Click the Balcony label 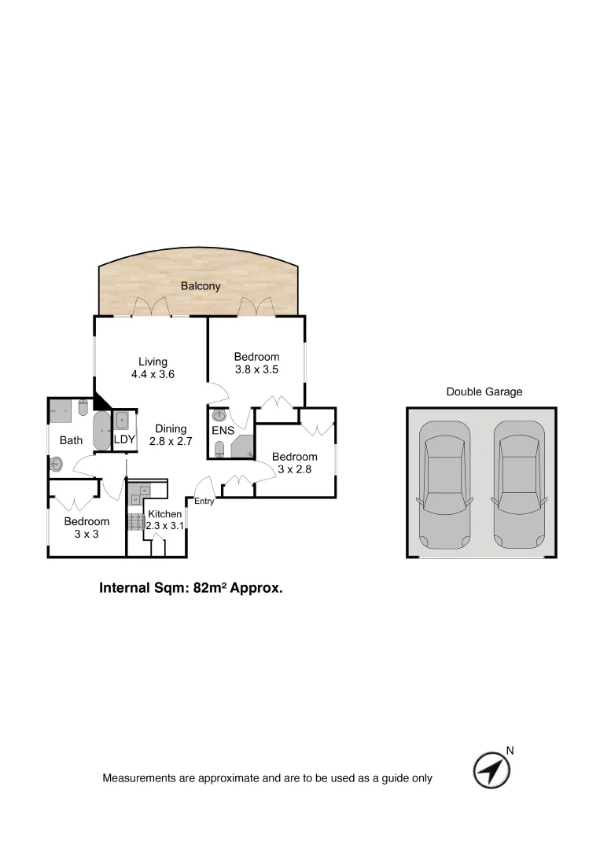(x=201, y=286)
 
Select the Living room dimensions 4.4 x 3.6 (x=153, y=375)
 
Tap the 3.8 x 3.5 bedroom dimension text (x=256, y=369)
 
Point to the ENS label (x=223, y=431)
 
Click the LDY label (x=124, y=439)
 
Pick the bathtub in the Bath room (x=102, y=431)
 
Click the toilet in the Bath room (x=83, y=408)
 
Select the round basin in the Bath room (x=57, y=465)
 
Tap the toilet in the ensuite (x=220, y=449)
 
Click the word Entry (x=204, y=502)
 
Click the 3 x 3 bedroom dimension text (x=87, y=535)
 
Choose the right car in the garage (x=519, y=486)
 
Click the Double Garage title (x=484, y=391)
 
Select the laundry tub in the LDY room (x=123, y=421)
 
